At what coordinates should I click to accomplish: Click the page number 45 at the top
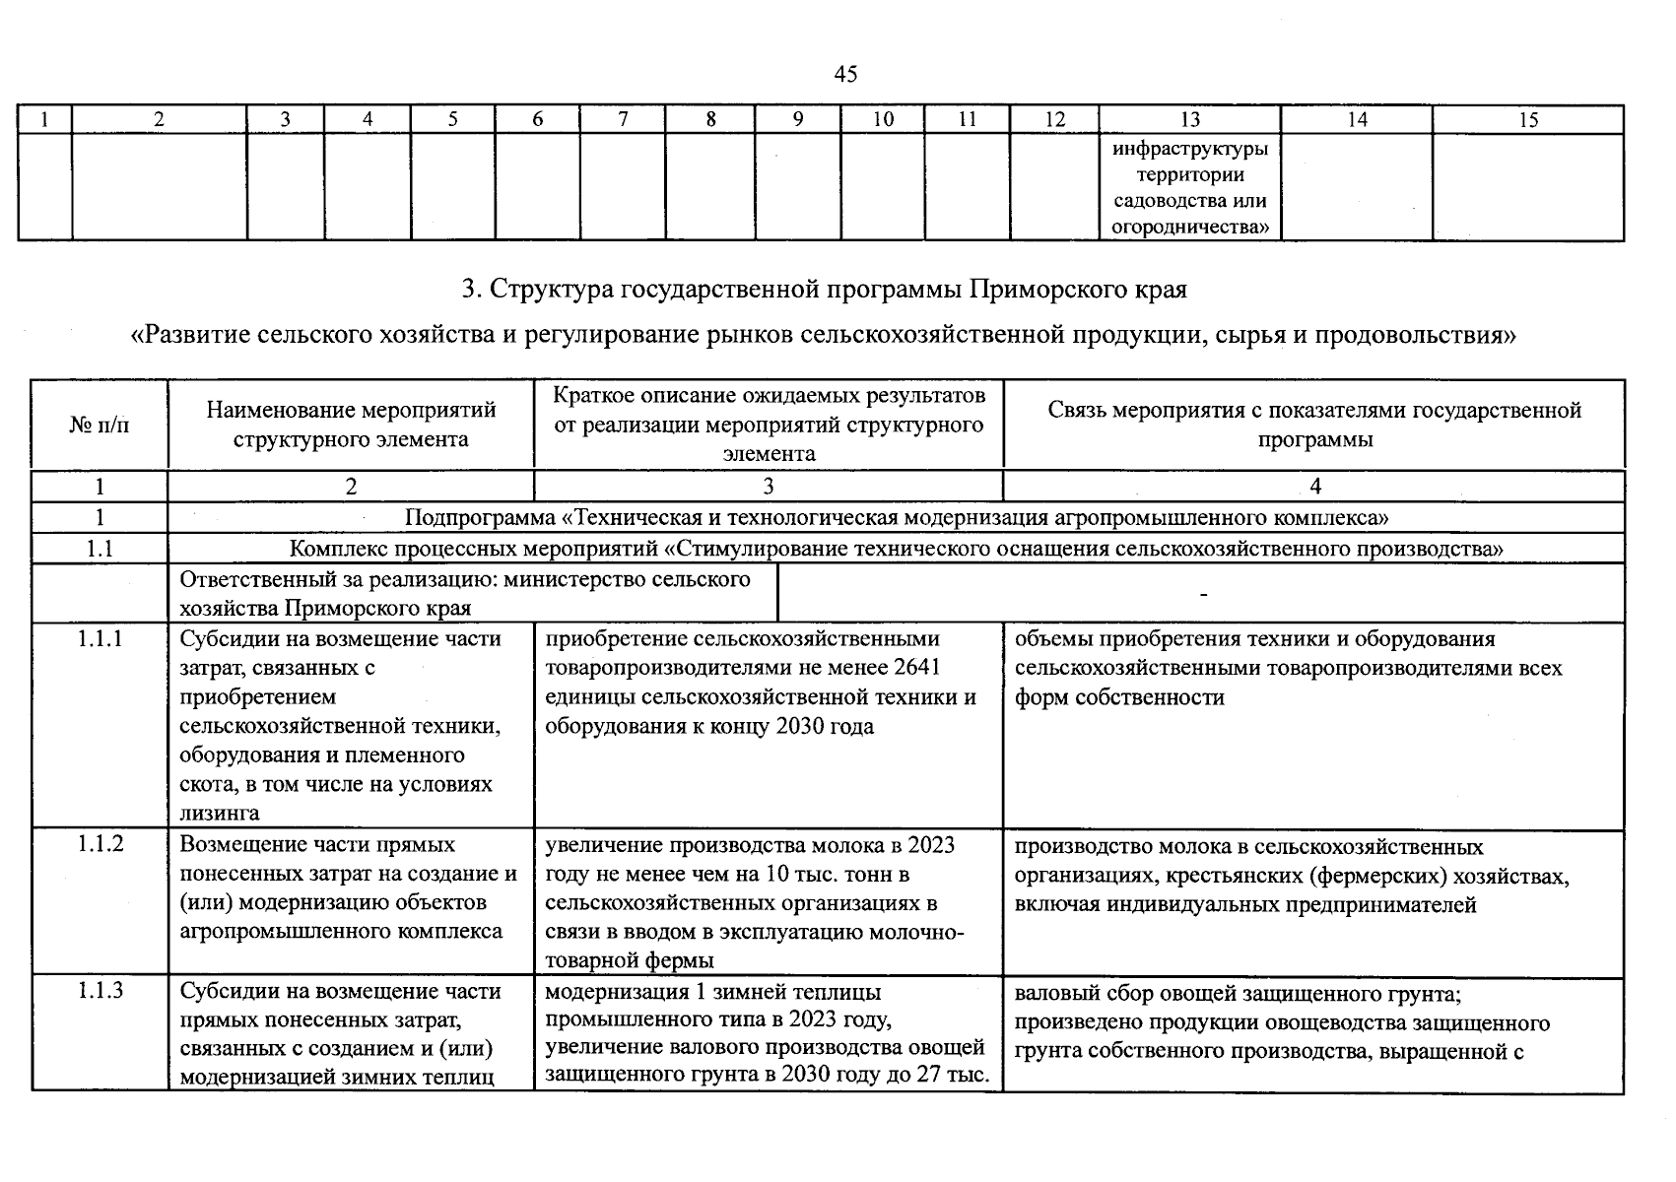(844, 74)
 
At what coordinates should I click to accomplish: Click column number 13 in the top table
(1189, 119)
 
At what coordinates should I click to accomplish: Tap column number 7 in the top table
(623, 119)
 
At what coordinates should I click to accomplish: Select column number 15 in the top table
(1528, 119)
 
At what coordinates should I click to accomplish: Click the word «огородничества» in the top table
(1190, 227)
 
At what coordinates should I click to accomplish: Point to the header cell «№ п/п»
(100, 425)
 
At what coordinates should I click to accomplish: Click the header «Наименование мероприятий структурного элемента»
(351, 425)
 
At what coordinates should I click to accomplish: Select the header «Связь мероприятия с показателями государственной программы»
(1314, 425)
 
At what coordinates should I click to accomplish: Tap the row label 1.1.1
(100, 638)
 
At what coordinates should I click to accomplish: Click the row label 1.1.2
(100, 844)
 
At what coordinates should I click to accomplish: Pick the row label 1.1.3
(100, 991)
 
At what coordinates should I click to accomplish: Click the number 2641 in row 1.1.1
(917, 668)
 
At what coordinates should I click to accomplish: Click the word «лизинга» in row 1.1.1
(220, 813)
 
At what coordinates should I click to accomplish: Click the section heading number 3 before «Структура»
(470, 291)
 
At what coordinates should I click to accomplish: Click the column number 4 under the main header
(1314, 486)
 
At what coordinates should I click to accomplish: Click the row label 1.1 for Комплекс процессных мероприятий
(100, 549)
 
